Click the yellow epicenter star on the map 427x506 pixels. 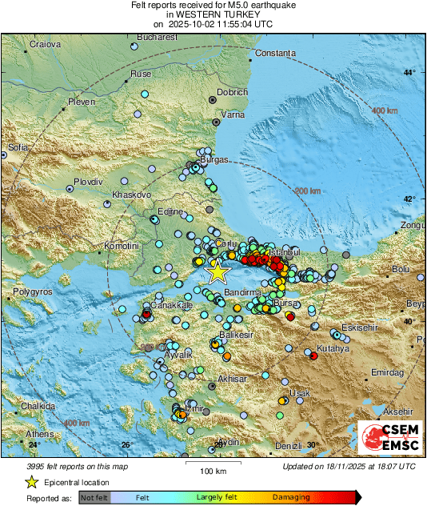[217, 273]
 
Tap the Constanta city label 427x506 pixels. [275, 54]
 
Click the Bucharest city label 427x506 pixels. [157, 37]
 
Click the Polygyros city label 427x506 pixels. [32, 292]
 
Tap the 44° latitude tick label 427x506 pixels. [409, 73]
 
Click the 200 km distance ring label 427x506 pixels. [307, 191]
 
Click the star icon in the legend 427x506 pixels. [31, 482]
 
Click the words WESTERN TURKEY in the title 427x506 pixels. [213, 14]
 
